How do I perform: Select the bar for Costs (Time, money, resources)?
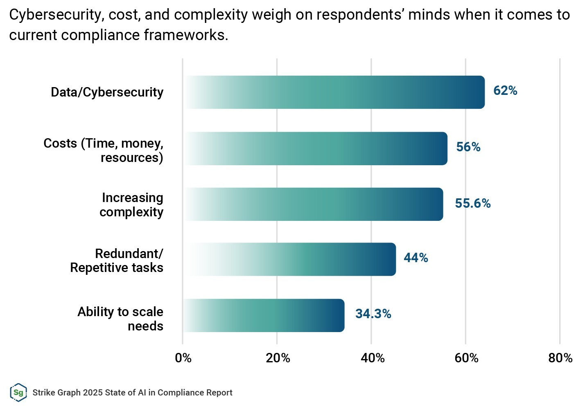[x=316, y=148]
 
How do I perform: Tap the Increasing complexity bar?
[x=314, y=204]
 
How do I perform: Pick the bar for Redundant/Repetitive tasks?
[x=290, y=259]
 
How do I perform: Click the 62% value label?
[x=505, y=90]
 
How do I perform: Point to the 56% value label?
[x=468, y=147]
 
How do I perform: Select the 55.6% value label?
[x=473, y=203]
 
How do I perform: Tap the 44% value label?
[x=416, y=258]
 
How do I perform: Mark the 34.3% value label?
[x=373, y=314]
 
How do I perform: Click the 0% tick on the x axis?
[x=183, y=358]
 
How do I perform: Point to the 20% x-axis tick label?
[x=278, y=358]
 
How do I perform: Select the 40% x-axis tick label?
[x=373, y=358]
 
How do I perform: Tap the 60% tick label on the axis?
[x=466, y=358]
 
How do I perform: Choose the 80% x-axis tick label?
[x=560, y=358]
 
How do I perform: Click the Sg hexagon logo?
[x=18, y=393]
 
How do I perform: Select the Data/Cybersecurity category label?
[x=107, y=92]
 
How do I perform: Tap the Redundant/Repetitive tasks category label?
[x=117, y=261]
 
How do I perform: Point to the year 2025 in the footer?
[x=93, y=393]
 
